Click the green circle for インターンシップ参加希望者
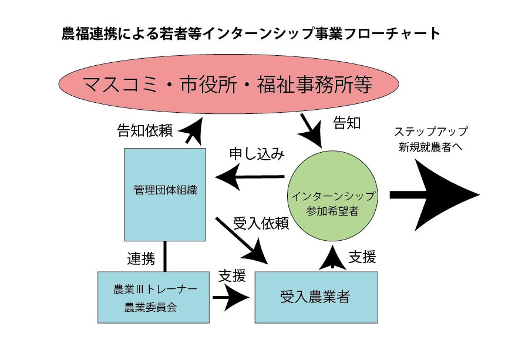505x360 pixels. coord(332,195)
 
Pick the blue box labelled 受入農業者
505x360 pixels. coord(315,297)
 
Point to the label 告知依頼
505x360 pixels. coord(145,130)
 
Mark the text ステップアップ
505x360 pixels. coord(430,132)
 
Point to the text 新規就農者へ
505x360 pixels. coord(430,147)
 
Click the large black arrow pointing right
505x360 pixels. coord(435,196)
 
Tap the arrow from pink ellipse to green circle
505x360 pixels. coord(312,129)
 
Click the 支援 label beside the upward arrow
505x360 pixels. coord(362,257)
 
